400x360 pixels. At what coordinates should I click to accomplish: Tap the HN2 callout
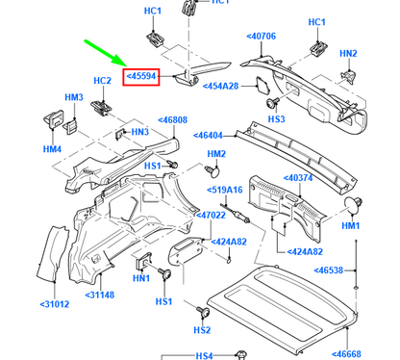tap(348, 54)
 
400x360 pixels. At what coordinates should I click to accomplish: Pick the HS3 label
tap(276, 119)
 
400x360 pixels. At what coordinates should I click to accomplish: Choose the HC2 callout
tap(103, 81)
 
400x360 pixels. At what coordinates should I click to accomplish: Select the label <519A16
tap(226, 191)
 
